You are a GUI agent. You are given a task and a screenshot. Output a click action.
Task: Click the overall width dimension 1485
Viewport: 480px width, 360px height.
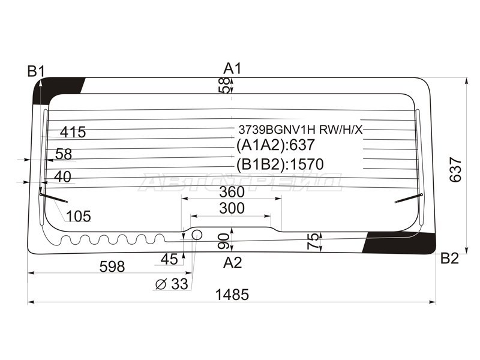tap(232, 295)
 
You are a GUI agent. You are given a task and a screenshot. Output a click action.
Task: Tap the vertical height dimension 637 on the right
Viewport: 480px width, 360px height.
tap(455, 170)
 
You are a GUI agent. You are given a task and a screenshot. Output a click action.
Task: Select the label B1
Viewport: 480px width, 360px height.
tap(36, 71)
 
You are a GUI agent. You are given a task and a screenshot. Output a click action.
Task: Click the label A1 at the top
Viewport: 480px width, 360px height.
tap(232, 68)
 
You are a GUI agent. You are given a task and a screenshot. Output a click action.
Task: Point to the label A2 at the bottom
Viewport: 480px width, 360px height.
tap(233, 263)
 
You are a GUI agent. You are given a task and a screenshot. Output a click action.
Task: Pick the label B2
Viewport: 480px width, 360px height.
tap(449, 259)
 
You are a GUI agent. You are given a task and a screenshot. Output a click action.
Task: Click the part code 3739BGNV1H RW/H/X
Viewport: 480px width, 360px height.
tap(301, 130)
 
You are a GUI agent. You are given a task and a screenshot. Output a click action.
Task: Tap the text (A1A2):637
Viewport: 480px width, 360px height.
tap(275, 145)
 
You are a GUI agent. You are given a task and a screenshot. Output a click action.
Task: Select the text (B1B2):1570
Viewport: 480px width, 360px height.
tap(280, 164)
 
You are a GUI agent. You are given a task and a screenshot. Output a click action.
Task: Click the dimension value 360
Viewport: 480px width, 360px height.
tap(232, 192)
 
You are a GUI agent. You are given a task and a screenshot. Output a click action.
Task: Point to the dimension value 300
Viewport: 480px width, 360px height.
tap(232, 208)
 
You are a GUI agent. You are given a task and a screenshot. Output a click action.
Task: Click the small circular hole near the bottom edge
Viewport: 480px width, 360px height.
tap(197, 235)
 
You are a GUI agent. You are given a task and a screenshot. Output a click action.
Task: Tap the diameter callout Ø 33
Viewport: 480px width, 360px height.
tap(172, 284)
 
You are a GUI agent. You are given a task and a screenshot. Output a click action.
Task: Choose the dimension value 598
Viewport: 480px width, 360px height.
tap(112, 266)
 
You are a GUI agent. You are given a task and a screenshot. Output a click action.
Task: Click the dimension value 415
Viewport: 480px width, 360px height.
tap(73, 132)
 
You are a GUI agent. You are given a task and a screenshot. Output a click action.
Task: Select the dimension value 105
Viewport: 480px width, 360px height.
tap(79, 217)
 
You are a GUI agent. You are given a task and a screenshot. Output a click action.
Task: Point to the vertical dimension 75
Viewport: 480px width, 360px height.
tap(313, 241)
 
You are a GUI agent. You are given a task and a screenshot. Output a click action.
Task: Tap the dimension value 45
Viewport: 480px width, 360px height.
tap(169, 260)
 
